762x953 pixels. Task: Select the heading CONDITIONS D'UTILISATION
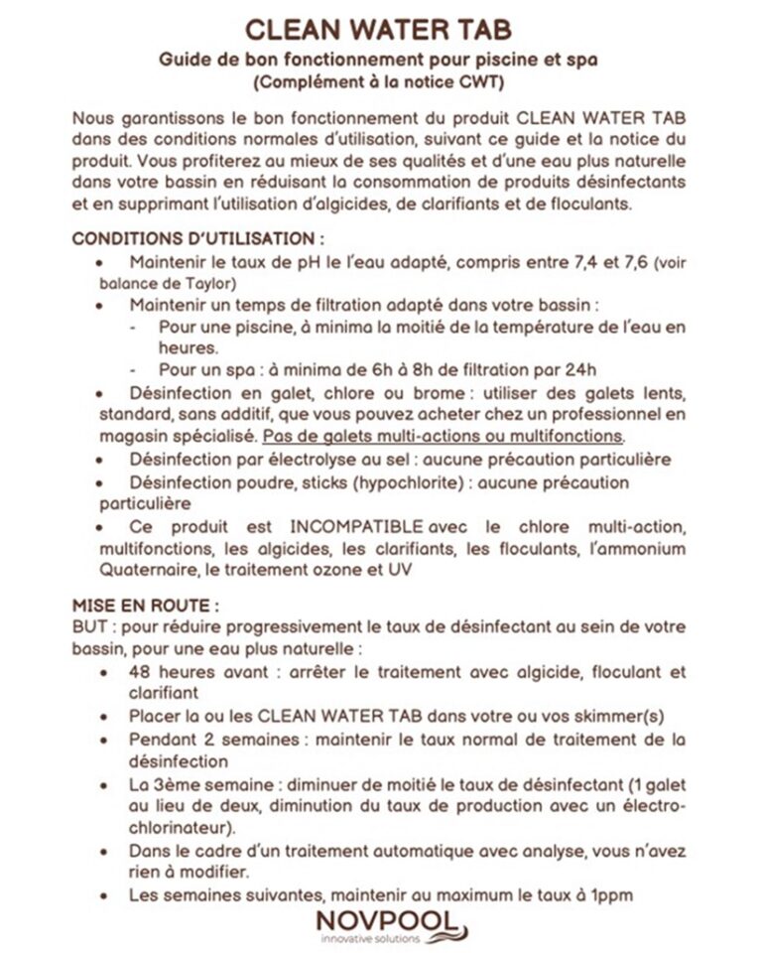click(x=198, y=240)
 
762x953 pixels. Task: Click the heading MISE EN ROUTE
click(x=146, y=605)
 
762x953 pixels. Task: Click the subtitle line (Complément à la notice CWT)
click(x=380, y=80)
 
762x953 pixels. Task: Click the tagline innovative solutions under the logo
click(x=369, y=938)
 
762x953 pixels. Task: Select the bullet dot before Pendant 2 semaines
click(x=106, y=742)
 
